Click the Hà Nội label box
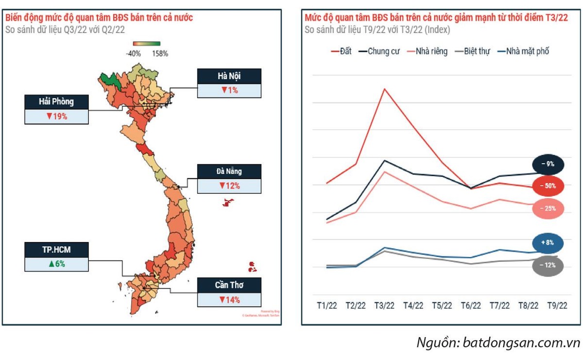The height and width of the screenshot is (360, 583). [x=229, y=76]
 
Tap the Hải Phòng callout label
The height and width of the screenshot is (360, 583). [x=56, y=102]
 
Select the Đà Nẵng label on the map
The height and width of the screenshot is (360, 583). [x=229, y=171]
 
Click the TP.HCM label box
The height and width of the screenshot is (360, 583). [x=56, y=250]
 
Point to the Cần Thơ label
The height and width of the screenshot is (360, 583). [x=229, y=285]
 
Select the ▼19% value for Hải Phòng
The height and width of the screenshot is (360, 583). [x=56, y=117]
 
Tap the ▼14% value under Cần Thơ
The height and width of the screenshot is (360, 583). [x=229, y=299]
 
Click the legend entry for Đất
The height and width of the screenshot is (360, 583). [x=342, y=51]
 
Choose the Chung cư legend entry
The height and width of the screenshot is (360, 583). [x=379, y=51]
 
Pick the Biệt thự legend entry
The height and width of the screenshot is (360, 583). [x=472, y=51]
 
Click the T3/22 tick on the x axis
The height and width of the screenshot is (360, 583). [x=384, y=306]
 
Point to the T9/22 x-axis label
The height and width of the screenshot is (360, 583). [x=557, y=306]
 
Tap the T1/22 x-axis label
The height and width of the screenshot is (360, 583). [x=327, y=306]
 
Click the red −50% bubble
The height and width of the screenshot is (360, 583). [x=548, y=186]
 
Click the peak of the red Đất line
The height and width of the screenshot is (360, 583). [x=384, y=89]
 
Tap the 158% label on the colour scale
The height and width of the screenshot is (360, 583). [x=160, y=53]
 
